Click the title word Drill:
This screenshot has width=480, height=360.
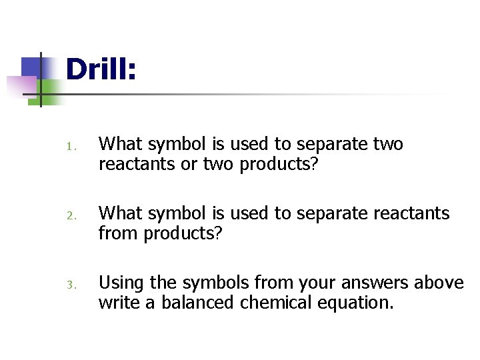[101, 70]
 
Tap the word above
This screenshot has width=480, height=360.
[439, 283]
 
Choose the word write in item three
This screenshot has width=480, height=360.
[117, 303]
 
